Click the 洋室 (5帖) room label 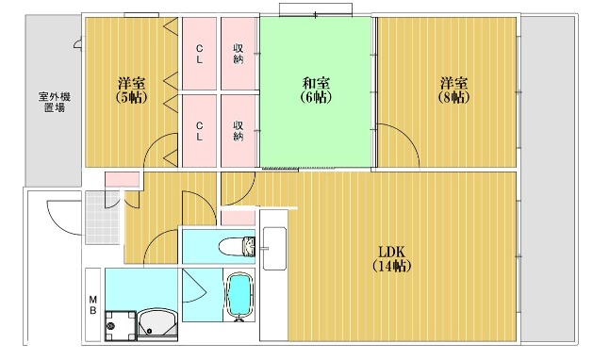coord(131,90)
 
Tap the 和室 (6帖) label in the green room coord(316,90)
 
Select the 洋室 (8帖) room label coord(453,90)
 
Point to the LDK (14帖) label coord(392,258)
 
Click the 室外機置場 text coord(55,102)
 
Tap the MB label coord(93,304)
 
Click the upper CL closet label coord(199,54)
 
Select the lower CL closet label coord(199,131)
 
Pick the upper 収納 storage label coord(238,54)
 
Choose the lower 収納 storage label coord(238,131)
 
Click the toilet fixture coord(238,247)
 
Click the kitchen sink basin coord(274,249)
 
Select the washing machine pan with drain coord(121,325)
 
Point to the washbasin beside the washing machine coord(157,324)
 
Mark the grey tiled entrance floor coord(103,218)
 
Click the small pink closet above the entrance coord(122,180)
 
